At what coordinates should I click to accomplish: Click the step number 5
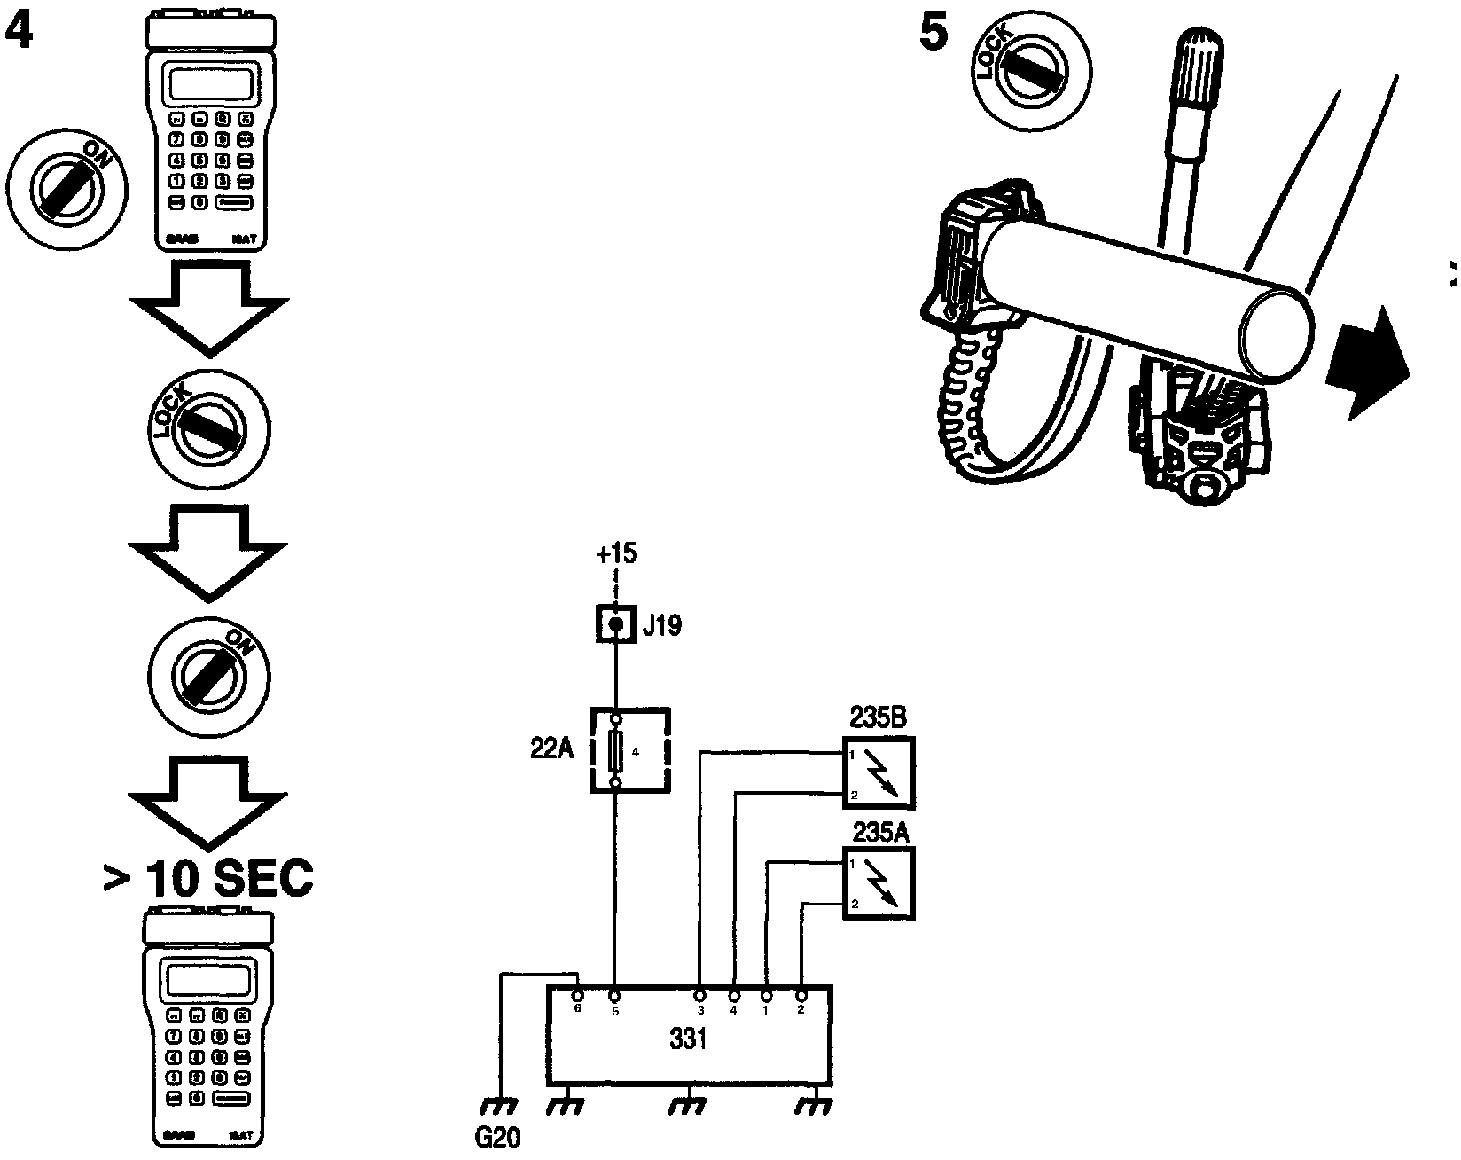(x=934, y=33)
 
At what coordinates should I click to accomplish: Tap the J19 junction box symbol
(x=614, y=625)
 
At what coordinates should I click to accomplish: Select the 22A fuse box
(x=629, y=749)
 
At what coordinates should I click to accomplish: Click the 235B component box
(x=879, y=772)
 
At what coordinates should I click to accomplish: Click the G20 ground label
(x=497, y=1138)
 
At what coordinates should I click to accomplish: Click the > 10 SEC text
(x=207, y=879)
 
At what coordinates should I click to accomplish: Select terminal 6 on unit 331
(x=578, y=997)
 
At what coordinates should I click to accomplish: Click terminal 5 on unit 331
(x=614, y=997)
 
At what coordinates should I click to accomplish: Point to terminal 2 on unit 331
(x=801, y=997)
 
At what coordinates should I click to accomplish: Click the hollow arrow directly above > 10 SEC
(x=208, y=798)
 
